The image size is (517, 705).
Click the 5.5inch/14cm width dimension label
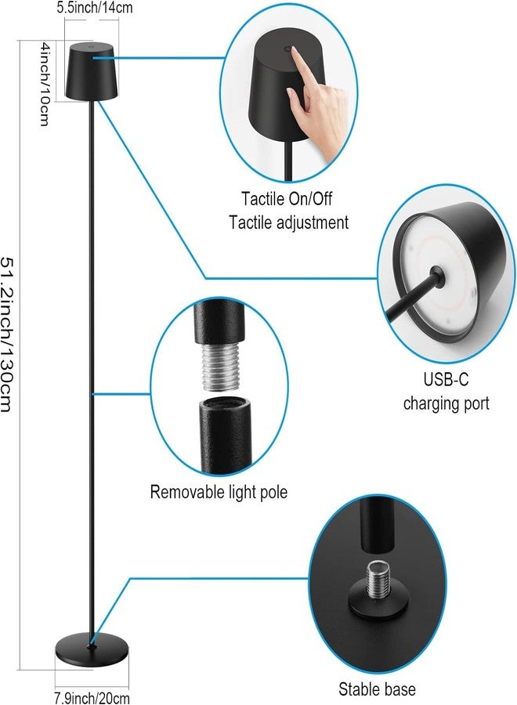(x=95, y=8)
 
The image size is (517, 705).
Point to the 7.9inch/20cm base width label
(x=92, y=698)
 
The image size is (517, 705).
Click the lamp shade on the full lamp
(x=92, y=70)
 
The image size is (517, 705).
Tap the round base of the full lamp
(x=92, y=649)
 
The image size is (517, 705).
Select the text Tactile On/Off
(x=287, y=199)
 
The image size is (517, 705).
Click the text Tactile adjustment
(x=288, y=222)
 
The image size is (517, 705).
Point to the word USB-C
(x=446, y=379)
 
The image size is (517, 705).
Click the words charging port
(x=446, y=403)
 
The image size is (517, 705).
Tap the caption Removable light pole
(x=219, y=492)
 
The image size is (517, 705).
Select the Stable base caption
(x=377, y=689)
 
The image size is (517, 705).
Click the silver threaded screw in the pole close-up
(x=220, y=367)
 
